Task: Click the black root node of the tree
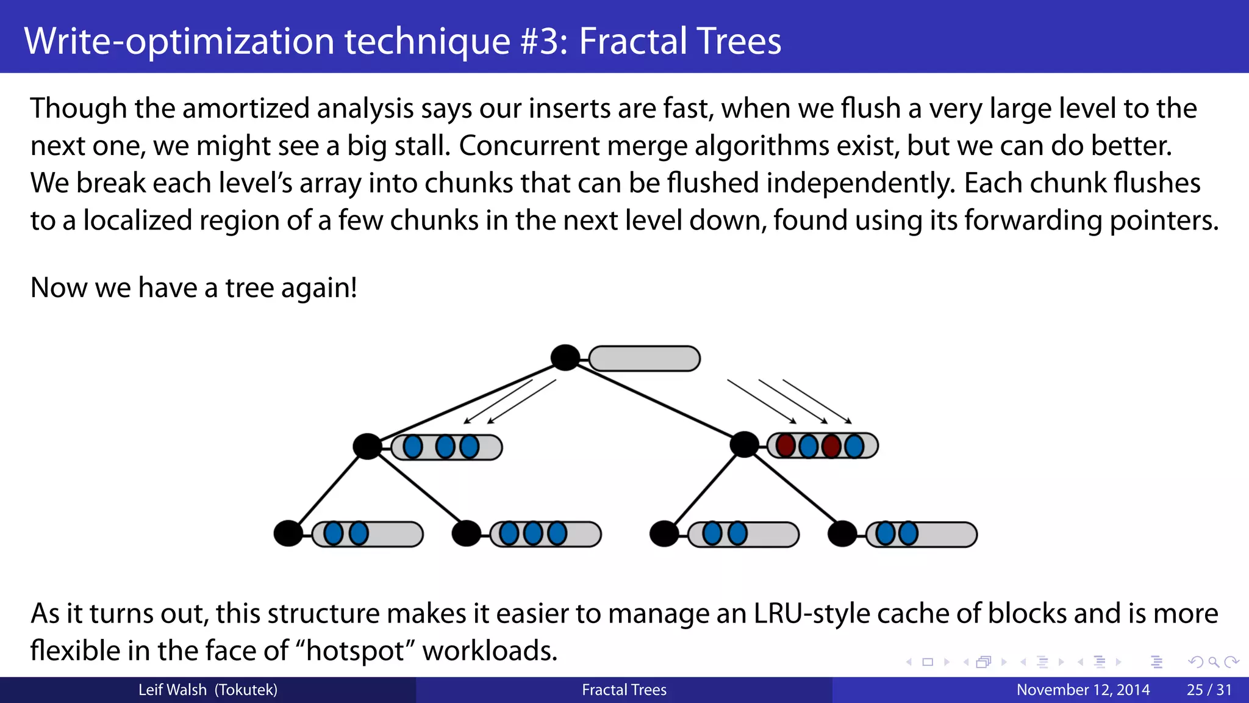tap(565, 358)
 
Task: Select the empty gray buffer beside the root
tap(644, 359)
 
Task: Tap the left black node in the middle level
tap(367, 446)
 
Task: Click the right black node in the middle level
tap(744, 444)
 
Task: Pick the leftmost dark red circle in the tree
tap(786, 445)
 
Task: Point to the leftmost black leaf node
tap(288, 533)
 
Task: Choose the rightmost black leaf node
tap(842, 534)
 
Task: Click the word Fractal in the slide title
tap(632, 41)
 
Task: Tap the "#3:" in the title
tap(544, 41)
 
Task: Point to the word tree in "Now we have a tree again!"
tap(249, 287)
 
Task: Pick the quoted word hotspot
tap(356, 651)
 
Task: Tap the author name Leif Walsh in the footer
tap(173, 690)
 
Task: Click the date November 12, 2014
tap(1083, 690)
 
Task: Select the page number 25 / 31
tap(1209, 690)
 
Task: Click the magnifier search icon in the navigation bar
tap(1213, 662)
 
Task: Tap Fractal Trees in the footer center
tap(624, 690)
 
